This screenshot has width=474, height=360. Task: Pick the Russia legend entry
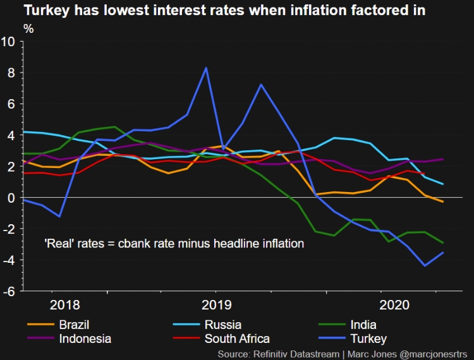223,325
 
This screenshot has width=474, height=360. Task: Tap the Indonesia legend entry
85,339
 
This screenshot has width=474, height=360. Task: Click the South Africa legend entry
237,339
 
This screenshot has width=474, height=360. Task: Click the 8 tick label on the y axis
12,73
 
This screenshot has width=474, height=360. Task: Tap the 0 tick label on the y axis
12,198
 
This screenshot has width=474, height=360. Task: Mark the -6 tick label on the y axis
9,291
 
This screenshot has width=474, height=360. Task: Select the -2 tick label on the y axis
9,229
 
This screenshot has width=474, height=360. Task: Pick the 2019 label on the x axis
217,305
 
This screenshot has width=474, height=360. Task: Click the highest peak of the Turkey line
205,68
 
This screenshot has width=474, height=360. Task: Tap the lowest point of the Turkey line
425,266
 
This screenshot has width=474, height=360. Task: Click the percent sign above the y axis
28,28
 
